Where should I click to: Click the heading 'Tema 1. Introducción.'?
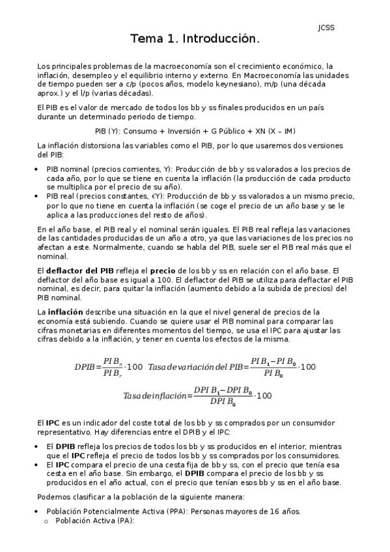(195, 40)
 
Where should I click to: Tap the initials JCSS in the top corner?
(326, 27)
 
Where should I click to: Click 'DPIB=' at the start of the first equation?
(88, 367)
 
